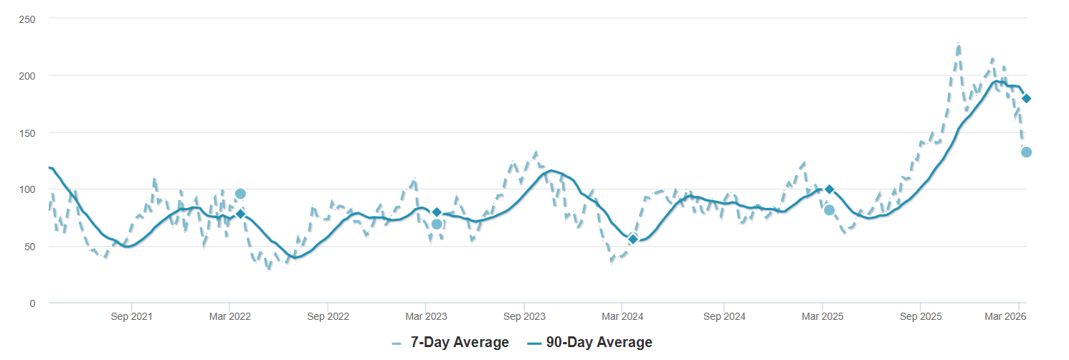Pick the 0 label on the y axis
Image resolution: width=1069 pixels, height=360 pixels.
pyautogui.click(x=32, y=303)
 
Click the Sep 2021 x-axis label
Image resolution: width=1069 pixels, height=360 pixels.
pyautogui.click(x=132, y=316)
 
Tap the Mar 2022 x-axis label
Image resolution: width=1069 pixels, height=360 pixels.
pyautogui.click(x=229, y=316)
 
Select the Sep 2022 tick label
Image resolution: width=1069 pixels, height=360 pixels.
pyautogui.click(x=328, y=316)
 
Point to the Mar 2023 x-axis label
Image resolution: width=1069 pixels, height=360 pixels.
pyautogui.click(x=426, y=316)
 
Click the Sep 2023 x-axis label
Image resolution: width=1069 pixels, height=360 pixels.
pyautogui.click(x=525, y=316)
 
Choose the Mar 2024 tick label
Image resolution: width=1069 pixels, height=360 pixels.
pyautogui.click(x=622, y=316)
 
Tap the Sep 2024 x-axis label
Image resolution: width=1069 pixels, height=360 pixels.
pyautogui.click(x=724, y=316)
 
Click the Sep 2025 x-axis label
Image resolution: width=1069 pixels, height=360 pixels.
pyautogui.click(x=921, y=316)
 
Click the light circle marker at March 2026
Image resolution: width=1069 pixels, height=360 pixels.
pyautogui.click(x=1026, y=152)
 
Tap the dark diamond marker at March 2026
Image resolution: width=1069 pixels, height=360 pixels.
pyautogui.click(x=1026, y=98)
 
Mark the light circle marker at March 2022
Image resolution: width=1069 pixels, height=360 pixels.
pyautogui.click(x=240, y=194)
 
